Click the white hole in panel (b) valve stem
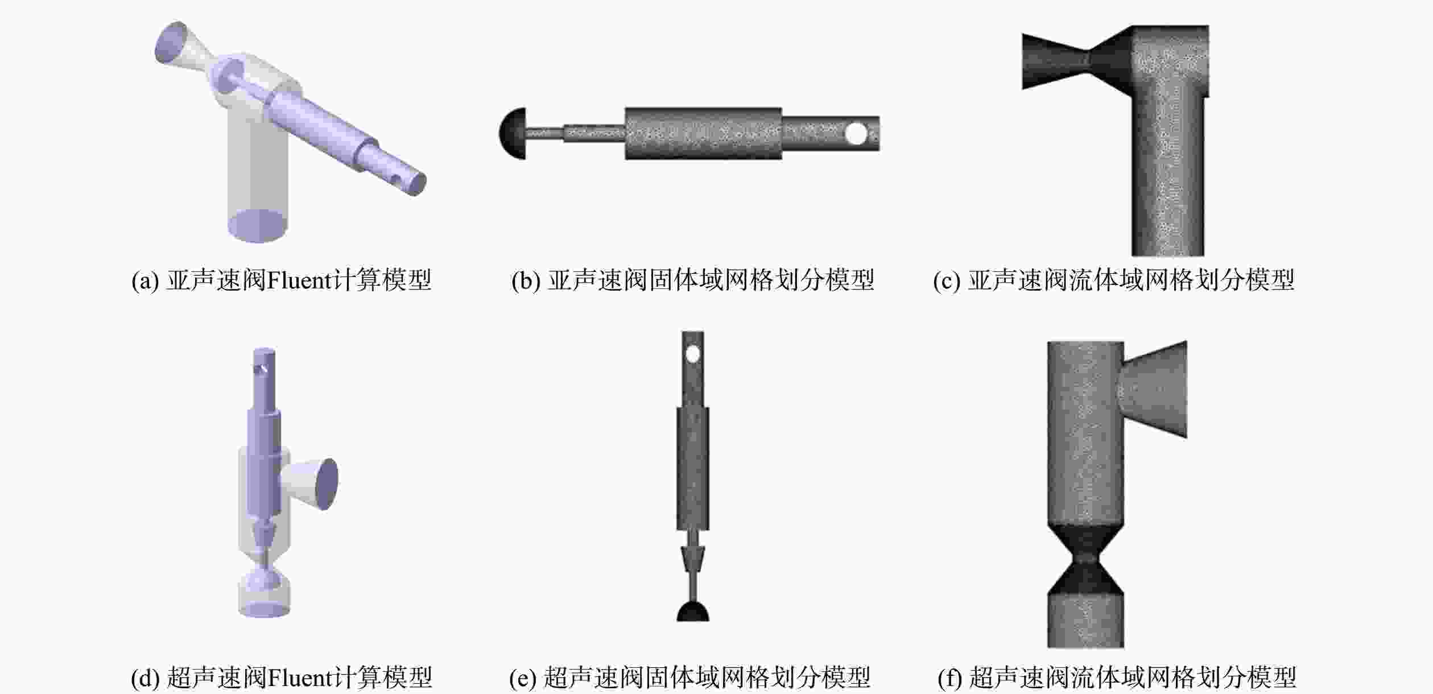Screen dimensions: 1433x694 coord(856,134)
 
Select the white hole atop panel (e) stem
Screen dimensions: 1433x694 coord(692,355)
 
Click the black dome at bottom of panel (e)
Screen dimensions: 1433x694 coord(693,612)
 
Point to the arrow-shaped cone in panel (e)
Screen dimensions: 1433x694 coord(693,559)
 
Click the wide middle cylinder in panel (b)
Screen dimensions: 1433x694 coord(704,134)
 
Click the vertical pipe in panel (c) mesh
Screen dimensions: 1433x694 coord(1167,171)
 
